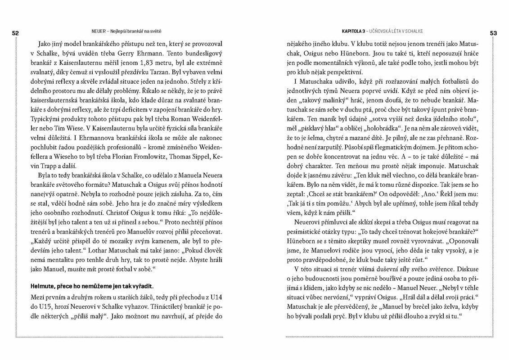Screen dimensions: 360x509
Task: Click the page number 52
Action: point(15,33)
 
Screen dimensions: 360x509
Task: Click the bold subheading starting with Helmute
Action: point(91,285)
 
